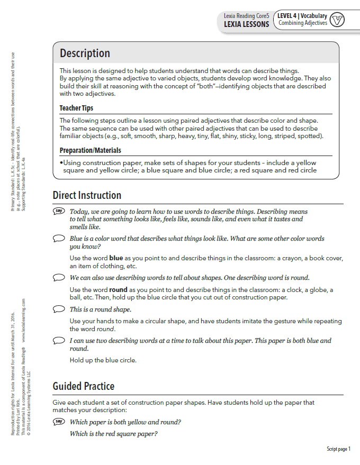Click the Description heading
(x=85, y=53)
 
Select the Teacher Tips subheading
(x=76, y=108)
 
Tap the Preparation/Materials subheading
(x=90, y=150)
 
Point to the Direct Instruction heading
(x=87, y=196)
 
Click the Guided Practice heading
(x=84, y=386)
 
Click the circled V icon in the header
(x=337, y=20)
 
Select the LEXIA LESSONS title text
(x=246, y=24)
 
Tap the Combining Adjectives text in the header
(x=303, y=23)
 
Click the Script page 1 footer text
(x=338, y=449)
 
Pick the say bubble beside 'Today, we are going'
(x=59, y=212)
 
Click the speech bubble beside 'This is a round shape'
(x=59, y=309)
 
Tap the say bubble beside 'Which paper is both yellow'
(x=59, y=422)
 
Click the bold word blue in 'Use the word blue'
(x=116, y=258)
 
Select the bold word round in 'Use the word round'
(x=119, y=290)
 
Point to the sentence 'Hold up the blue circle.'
(x=103, y=360)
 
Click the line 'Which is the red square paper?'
(x=113, y=434)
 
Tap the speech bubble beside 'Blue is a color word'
(x=59, y=239)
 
